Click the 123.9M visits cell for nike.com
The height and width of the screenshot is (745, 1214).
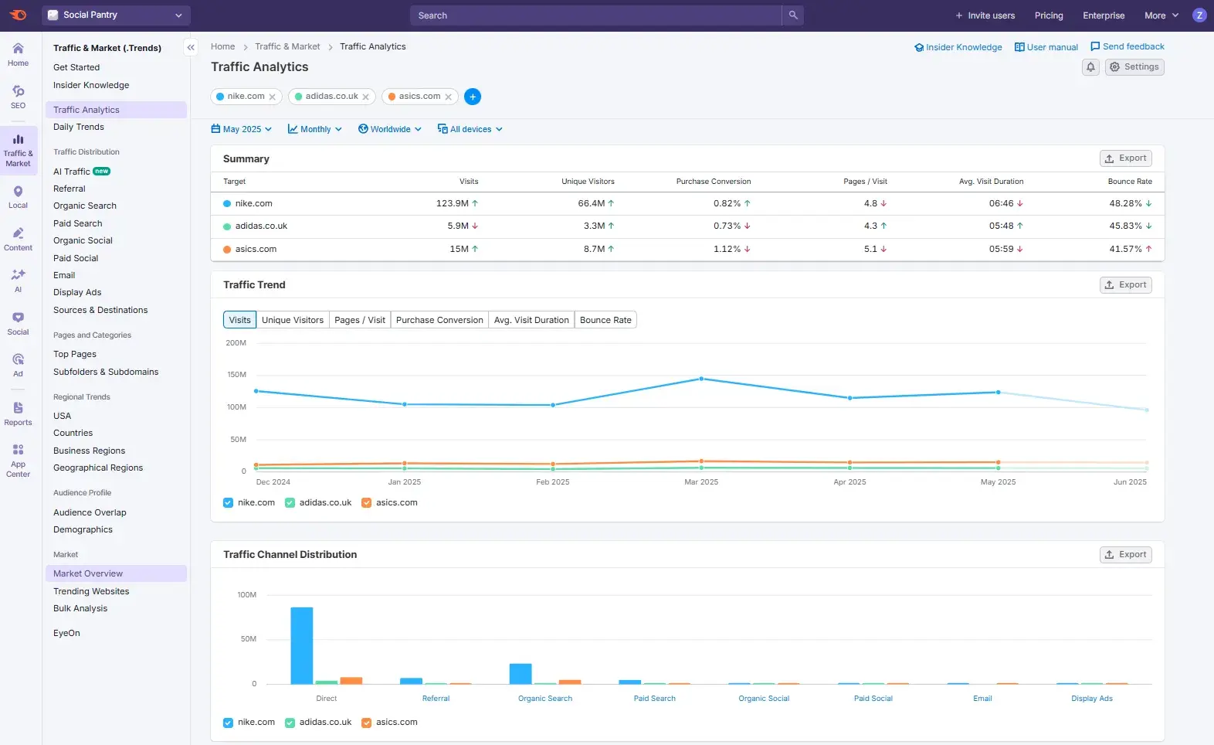[x=453, y=203]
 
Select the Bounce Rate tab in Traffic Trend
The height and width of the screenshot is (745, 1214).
[x=605, y=320]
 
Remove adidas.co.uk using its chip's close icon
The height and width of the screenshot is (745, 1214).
[x=366, y=97]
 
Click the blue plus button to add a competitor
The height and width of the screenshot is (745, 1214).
[x=473, y=97]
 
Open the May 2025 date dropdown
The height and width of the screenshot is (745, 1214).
[x=242, y=129]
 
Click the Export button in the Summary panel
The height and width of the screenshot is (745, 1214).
[x=1125, y=158]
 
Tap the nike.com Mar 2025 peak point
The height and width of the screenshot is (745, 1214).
[x=701, y=379]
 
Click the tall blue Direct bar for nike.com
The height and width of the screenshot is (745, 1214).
[x=302, y=645]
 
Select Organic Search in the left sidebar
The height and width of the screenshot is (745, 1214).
[x=85, y=206]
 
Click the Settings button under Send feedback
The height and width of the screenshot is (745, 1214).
[x=1134, y=67]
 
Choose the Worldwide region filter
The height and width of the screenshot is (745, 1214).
[x=390, y=129]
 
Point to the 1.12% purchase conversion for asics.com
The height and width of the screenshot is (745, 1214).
[x=727, y=249]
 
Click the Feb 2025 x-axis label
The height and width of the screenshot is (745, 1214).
[x=553, y=481]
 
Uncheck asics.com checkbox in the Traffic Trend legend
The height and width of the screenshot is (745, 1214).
[x=367, y=503]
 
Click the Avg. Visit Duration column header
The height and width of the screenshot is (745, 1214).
[x=991, y=182]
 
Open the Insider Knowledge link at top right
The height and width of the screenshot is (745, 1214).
[x=958, y=47]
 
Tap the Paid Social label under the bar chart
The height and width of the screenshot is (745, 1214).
[x=873, y=699]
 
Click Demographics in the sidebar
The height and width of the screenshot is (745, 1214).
[x=83, y=529]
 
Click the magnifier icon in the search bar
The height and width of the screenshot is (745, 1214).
[x=792, y=15]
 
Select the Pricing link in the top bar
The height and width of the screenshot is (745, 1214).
[x=1048, y=15]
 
